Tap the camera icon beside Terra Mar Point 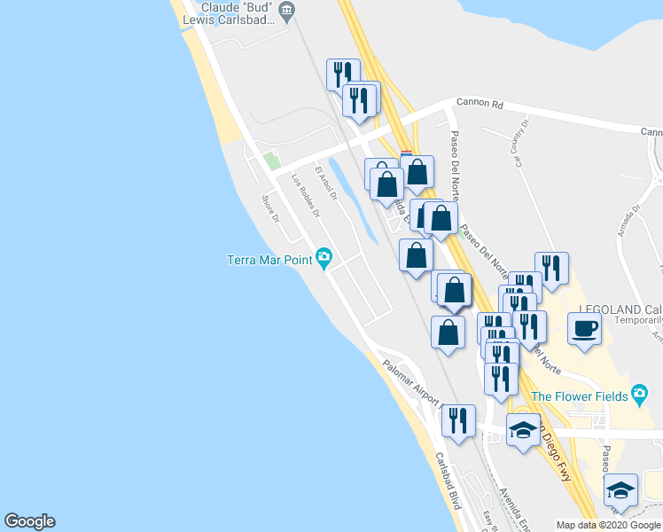[x=324, y=258]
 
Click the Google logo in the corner [x=29, y=521]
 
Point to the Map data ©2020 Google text [x=608, y=525]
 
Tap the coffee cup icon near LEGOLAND [x=585, y=330]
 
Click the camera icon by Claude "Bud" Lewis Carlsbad [x=286, y=11]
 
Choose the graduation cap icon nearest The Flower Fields [x=523, y=431]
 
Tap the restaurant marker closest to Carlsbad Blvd [x=458, y=420]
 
